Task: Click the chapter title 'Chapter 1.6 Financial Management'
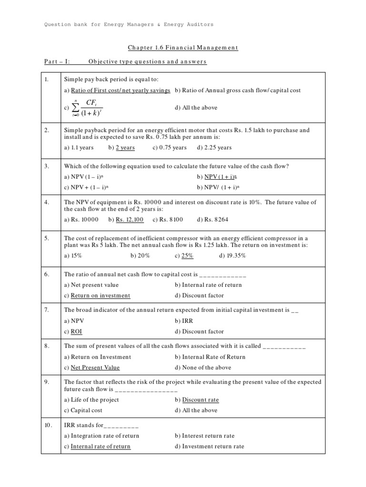183,48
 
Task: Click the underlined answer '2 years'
125,147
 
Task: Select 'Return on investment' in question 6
100,295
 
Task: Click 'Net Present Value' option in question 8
95,368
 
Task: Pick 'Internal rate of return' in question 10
100,447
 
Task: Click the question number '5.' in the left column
47,238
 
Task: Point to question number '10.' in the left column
48,425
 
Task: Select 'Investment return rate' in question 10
213,447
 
